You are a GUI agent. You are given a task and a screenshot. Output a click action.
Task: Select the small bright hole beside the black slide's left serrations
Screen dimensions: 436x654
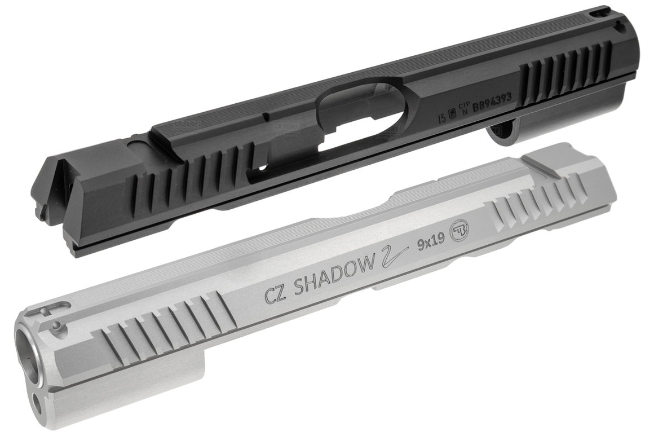pyautogui.click(x=260, y=168)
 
